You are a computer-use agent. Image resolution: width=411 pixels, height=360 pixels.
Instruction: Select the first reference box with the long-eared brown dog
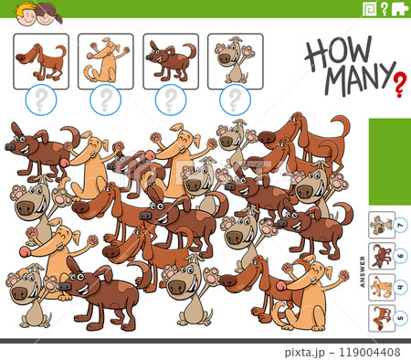[41, 60]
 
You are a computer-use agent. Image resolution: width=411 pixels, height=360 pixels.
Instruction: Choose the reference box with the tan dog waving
[105, 60]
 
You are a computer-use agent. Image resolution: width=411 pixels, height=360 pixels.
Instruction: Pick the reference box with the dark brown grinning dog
[170, 60]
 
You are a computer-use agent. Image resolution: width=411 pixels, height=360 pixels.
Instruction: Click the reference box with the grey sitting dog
[235, 60]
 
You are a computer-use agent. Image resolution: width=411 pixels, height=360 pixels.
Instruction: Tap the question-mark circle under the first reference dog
[42, 99]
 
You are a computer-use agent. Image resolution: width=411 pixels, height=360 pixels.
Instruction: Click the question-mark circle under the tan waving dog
[106, 99]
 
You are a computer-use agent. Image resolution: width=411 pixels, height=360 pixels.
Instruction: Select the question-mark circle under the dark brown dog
[170, 99]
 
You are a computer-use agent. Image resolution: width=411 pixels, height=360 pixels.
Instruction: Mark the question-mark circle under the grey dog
[235, 99]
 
